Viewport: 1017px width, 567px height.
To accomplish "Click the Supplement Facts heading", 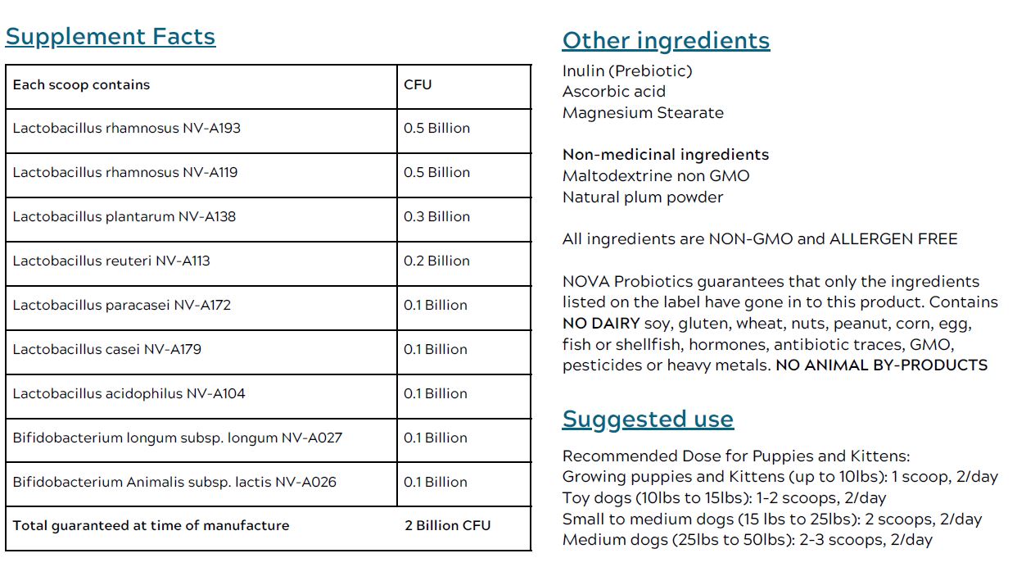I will coord(111,37).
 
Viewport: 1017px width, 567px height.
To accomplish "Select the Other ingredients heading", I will coord(666,41).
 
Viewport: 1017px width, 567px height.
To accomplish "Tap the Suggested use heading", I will coord(648,420).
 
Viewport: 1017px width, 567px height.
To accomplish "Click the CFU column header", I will coord(418,84).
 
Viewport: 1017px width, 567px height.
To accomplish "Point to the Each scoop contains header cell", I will coord(81,84).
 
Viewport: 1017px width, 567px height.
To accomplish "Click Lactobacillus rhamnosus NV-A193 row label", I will coord(126,128).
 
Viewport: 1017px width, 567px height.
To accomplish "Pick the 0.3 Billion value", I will coord(436,216).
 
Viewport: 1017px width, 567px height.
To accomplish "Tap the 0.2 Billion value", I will coord(436,261).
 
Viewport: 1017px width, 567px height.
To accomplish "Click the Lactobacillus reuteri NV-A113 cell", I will coord(111,261).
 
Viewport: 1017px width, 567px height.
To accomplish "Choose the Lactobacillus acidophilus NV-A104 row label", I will coord(129,393).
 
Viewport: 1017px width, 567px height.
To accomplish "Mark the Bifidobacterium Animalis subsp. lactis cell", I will coord(174,482).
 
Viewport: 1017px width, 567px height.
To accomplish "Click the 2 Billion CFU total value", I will coord(447,525).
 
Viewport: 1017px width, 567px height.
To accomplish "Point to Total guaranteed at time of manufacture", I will coord(151,525).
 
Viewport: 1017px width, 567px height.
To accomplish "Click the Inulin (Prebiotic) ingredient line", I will coord(627,70).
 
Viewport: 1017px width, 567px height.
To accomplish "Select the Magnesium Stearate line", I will coord(643,113).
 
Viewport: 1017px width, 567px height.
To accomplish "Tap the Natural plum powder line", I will coord(643,197).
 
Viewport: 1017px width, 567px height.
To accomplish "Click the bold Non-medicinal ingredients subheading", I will coord(666,155).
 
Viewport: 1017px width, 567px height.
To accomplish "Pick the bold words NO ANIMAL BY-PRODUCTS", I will coord(881,365).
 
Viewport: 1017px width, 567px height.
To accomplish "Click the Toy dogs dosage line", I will coord(724,497).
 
